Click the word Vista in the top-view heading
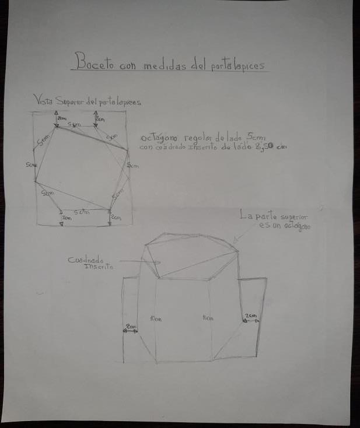click(x=43, y=100)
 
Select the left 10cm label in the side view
click(x=155, y=319)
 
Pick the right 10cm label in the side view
click(x=207, y=318)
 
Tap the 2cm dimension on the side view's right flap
click(x=250, y=315)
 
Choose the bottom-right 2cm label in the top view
click(x=116, y=217)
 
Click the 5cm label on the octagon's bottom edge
click(x=81, y=211)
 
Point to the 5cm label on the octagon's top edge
click(x=75, y=125)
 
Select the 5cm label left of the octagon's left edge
click(x=31, y=166)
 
